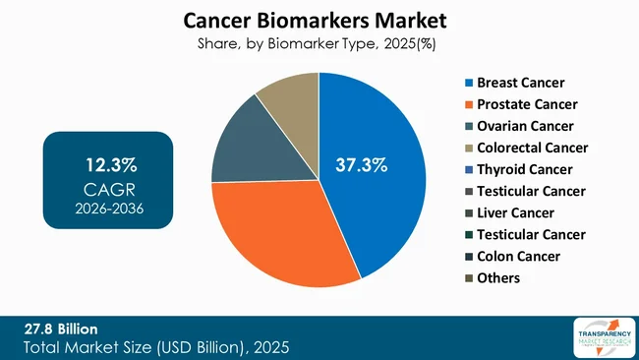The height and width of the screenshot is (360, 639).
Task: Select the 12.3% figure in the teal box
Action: [x=108, y=161]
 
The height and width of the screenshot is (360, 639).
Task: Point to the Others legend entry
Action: [x=499, y=277]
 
